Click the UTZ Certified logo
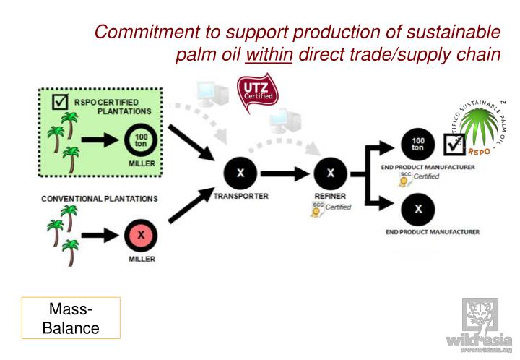click(x=256, y=94)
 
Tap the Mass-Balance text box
click(x=71, y=318)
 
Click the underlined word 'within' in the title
click(x=269, y=56)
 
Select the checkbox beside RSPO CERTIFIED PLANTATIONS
click(x=61, y=103)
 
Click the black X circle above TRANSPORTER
click(x=240, y=173)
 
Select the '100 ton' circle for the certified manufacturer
click(x=417, y=145)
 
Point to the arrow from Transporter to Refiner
click(x=285, y=174)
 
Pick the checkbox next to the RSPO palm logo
click(x=453, y=145)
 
